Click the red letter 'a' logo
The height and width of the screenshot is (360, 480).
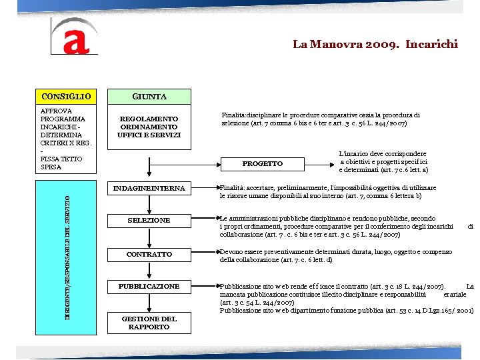click(x=75, y=37)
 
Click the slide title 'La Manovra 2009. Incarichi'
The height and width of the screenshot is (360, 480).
click(x=375, y=45)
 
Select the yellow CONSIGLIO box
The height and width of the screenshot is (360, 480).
click(x=65, y=97)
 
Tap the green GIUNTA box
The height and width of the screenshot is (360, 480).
click(x=149, y=97)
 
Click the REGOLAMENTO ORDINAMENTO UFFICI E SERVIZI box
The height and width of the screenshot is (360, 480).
click(x=149, y=127)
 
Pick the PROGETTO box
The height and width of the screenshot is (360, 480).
click(x=262, y=163)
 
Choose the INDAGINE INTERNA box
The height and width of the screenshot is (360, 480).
click(x=149, y=189)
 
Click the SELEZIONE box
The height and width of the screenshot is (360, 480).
click(x=149, y=220)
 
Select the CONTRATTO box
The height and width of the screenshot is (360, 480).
click(x=149, y=254)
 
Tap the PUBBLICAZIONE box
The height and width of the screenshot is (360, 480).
click(x=149, y=286)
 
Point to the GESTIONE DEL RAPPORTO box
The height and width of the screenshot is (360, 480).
click(x=149, y=323)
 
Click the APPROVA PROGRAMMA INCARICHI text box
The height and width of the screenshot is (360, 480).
click(x=65, y=139)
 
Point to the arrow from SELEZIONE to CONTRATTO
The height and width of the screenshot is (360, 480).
click(x=149, y=237)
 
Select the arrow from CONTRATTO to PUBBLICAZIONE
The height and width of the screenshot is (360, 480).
click(x=149, y=270)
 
